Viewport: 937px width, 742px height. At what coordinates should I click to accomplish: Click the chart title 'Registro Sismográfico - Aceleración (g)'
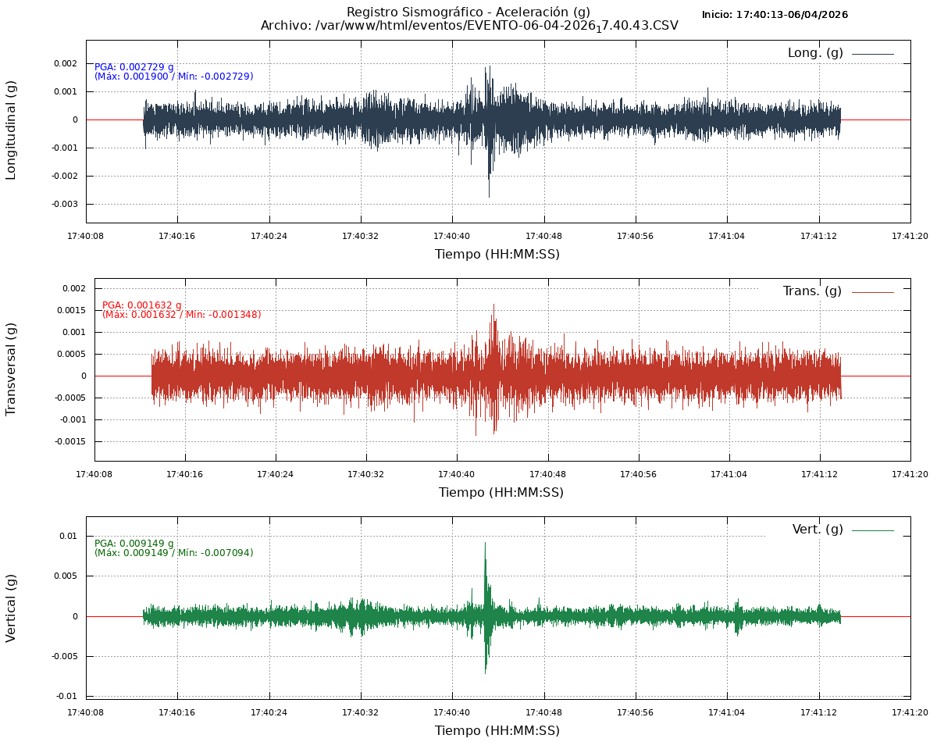pyautogui.click(x=468, y=12)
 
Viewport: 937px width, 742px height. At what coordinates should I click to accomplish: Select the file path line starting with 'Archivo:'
pyautogui.click(x=469, y=26)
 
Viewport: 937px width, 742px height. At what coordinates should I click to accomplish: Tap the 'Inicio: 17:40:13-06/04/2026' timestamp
pyautogui.click(x=775, y=15)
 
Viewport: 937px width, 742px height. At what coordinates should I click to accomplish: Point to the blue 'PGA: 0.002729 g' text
pyautogui.click(x=134, y=67)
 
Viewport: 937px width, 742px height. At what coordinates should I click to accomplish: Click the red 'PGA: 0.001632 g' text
pyautogui.click(x=142, y=305)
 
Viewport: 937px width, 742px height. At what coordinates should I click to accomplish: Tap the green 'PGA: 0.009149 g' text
pyautogui.click(x=134, y=544)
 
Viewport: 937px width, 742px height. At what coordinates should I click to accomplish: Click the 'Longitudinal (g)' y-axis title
pyautogui.click(x=11, y=130)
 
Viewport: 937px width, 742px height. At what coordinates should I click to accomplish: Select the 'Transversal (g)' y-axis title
pyautogui.click(x=11, y=369)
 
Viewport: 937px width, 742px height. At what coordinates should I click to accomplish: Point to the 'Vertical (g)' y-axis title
pyautogui.click(x=11, y=608)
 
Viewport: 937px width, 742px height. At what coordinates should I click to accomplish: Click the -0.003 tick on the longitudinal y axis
pyautogui.click(x=65, y=204)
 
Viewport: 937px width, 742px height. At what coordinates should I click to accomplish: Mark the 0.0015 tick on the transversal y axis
pyautogui.click(x=71, y=310)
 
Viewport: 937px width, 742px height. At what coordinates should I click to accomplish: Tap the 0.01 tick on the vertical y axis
pyautogui.click(x=69, y=536)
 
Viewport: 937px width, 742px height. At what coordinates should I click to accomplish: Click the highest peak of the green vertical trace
pyautogui.click(x=485, y=543)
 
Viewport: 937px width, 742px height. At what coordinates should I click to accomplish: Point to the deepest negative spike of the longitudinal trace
pyautogui.click(x=490, y=196)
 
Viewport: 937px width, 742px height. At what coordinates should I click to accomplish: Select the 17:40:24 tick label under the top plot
pyautogui.click(x=269, y=236)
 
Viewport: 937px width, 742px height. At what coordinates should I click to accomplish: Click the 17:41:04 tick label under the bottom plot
pyautogui.click(x=727, y=712)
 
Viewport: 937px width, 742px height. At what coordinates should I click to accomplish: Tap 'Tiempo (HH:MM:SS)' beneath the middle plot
pyautogui.click(x=501, y=492)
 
